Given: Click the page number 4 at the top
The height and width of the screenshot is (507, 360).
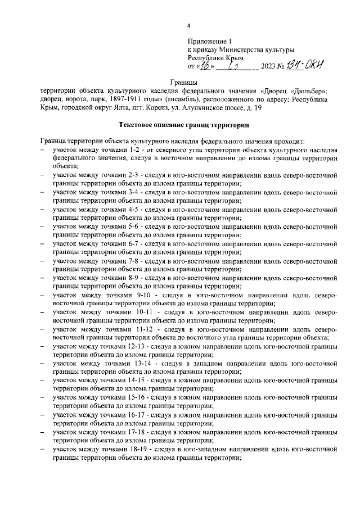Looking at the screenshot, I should coord(189,26).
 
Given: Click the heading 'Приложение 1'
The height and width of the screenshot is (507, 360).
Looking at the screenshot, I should coord(210,42).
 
